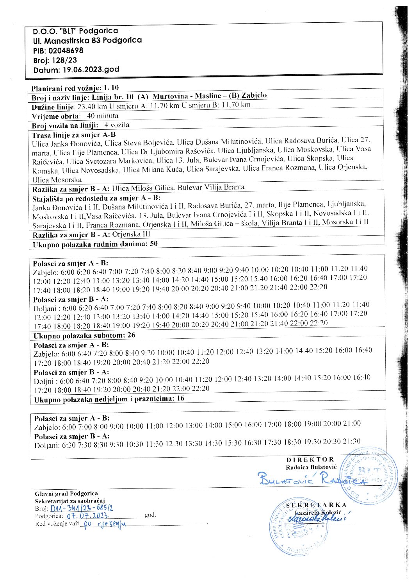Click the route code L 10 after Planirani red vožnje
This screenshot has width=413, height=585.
pos(112,88)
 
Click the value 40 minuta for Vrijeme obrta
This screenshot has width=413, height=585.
pos(102,116)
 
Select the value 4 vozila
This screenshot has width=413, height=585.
pos(117,125)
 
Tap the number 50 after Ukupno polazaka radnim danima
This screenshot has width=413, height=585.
pos(154,243)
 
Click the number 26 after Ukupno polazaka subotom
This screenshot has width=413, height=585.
pos(131,335)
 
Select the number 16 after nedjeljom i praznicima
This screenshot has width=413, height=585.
pos(180,399)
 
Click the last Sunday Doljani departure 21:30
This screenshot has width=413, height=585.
pos(351,441)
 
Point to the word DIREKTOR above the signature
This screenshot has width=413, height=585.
pos(310,460)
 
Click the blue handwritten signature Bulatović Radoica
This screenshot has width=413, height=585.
pos(312,478)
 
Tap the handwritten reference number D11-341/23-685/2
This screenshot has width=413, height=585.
pos(82,508)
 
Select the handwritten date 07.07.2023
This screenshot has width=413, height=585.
pos(87,516)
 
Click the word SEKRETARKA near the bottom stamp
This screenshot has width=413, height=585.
pos(316,505)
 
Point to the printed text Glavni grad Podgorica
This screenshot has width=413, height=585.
pos(66,494)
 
